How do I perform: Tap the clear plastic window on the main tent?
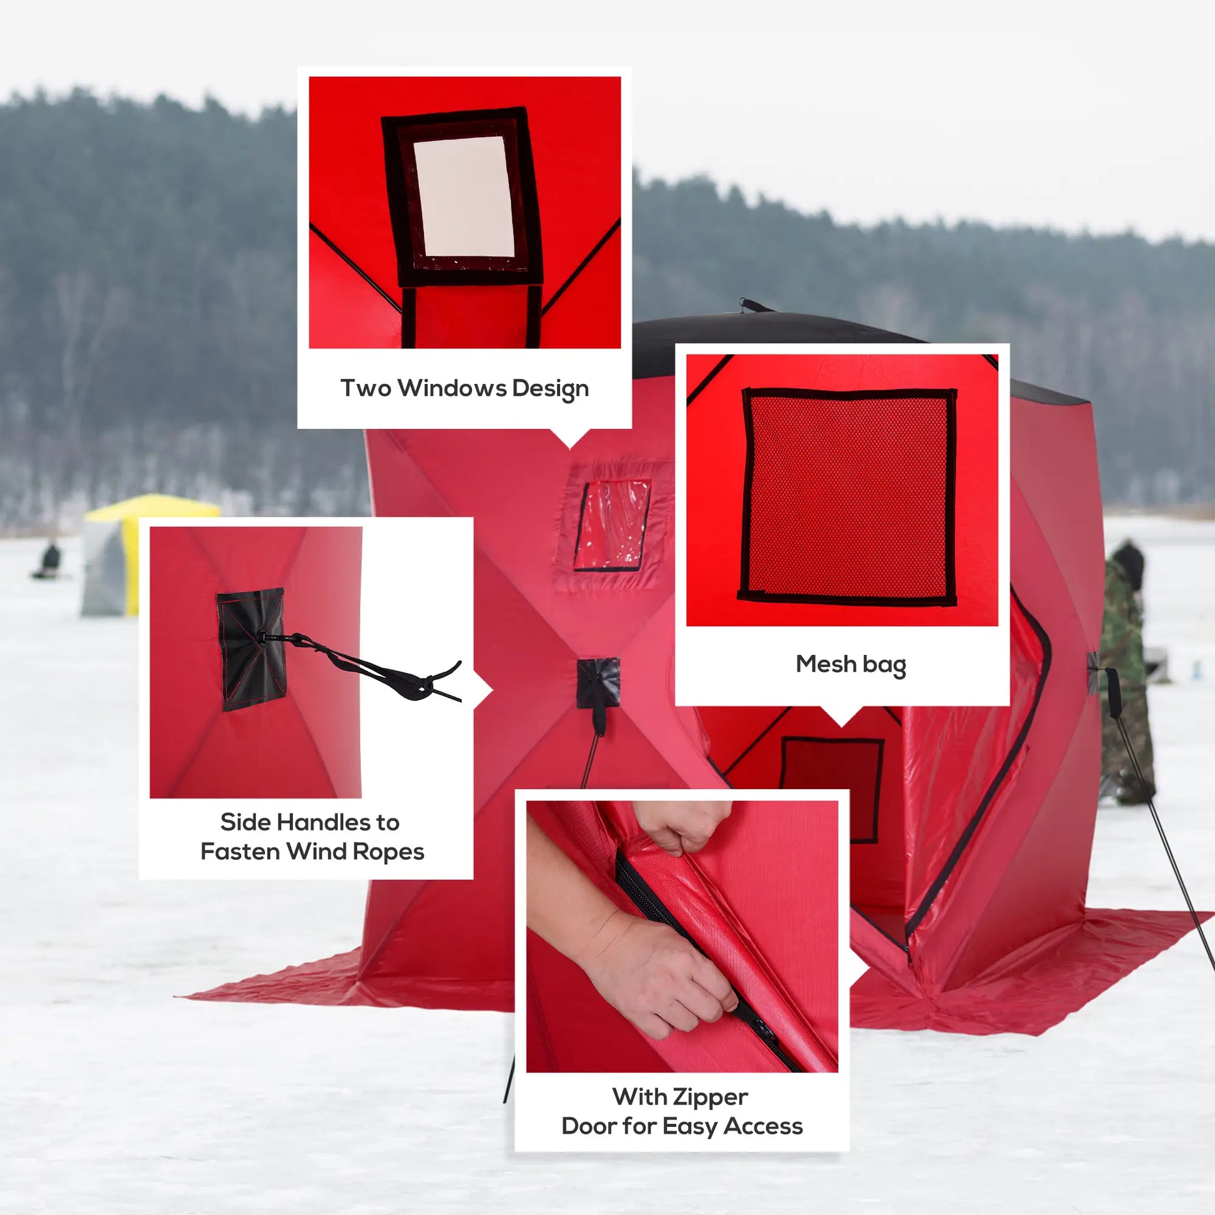(x=612, y=525)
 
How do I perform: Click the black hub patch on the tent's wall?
(x=598, y=683)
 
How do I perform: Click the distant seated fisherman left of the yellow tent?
(x=49, y=561)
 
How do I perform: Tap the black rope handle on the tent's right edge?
(x=1113, y=692)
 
